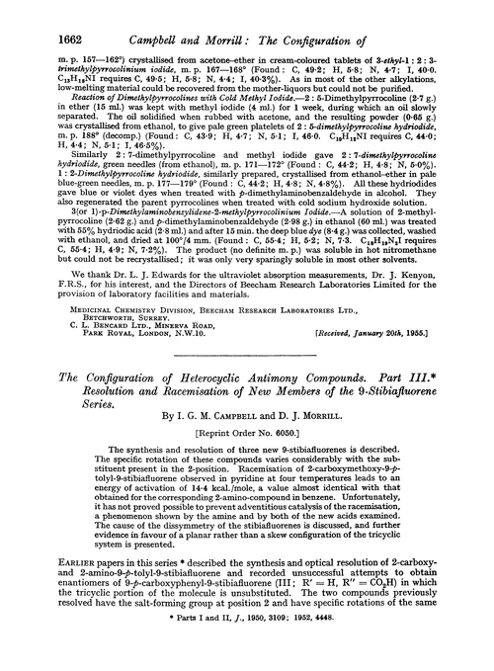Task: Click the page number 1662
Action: tap(37, 16)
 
